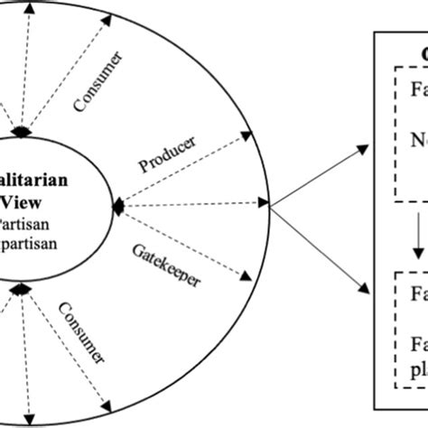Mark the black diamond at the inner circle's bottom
(x=23, y=288)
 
